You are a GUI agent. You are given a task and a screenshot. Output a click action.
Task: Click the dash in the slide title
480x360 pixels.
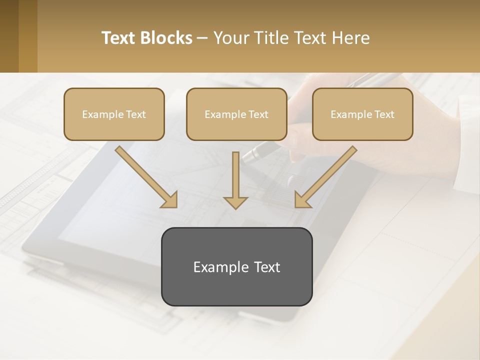pos(202,38)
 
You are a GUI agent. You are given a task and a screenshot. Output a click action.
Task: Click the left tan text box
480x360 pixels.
pos(114,114)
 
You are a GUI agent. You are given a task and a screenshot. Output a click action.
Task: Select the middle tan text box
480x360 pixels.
pos(236,114)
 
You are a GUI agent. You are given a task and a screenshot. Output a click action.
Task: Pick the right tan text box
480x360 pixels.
pos(362,114)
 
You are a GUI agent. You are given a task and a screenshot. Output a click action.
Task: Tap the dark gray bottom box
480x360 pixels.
pos(236,266)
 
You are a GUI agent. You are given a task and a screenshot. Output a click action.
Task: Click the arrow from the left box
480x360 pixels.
pos(145,176)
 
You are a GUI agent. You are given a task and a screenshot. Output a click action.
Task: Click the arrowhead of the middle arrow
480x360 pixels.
pos(235,202)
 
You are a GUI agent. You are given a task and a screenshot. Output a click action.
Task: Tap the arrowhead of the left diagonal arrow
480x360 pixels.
pos(170,200)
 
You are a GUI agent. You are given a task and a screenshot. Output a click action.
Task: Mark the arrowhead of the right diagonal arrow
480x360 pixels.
pos(302,200)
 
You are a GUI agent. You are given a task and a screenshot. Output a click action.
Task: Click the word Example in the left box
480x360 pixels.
pos(99,114)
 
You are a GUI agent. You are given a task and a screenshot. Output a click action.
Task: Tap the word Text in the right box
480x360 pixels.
pos(384,114)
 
